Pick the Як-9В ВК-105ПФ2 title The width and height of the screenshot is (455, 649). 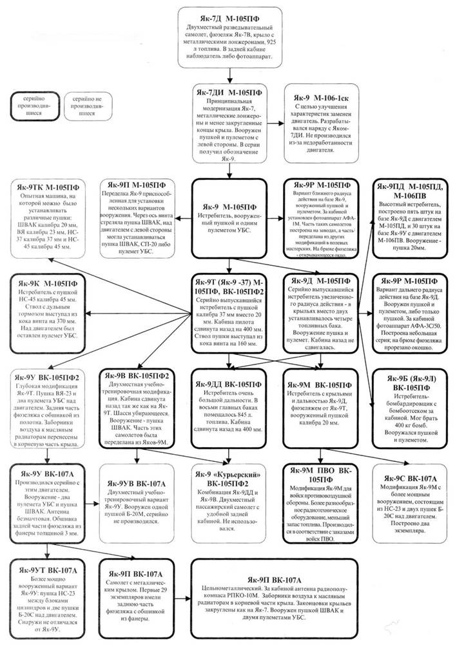(x=137, y=375)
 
